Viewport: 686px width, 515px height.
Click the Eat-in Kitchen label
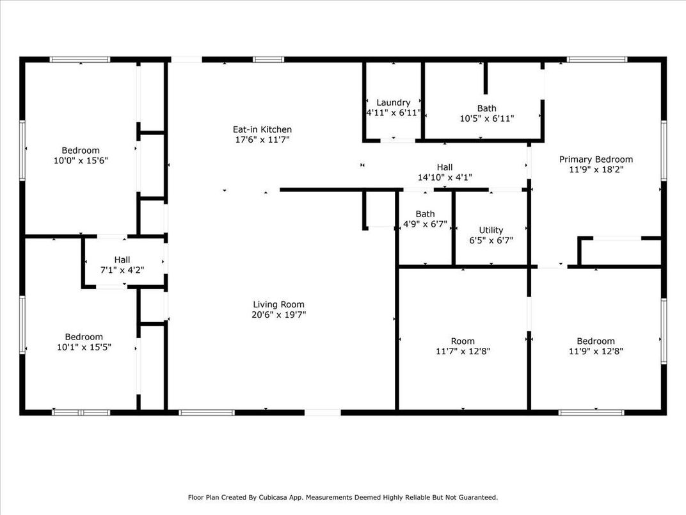point(262,129)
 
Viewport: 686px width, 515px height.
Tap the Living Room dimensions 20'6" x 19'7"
point(279,315)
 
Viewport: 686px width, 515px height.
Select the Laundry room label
point(394,102)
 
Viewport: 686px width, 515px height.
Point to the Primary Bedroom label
point(596,159)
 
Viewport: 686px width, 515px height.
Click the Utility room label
point(491,230)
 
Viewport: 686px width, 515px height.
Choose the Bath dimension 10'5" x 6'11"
point(486,119)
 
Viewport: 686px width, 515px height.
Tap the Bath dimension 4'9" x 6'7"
point(425,224)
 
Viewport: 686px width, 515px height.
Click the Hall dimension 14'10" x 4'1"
point(445,177)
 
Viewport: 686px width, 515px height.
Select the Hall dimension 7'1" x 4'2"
point(122,270)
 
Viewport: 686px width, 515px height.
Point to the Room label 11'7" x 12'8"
point(463,346)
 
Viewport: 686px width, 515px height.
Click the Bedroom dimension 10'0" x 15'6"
point(81,161)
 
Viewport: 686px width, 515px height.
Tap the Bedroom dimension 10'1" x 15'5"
point(84,347)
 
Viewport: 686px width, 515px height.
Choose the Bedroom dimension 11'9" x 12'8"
point(595,351)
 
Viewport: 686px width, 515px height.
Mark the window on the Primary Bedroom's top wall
point(597,60)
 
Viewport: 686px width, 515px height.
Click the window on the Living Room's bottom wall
point(207,413)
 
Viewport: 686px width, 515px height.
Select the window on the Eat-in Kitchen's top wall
point(268,60)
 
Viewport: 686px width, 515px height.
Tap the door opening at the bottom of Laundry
point(397,140)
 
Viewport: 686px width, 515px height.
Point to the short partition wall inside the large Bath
point(485,78)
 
